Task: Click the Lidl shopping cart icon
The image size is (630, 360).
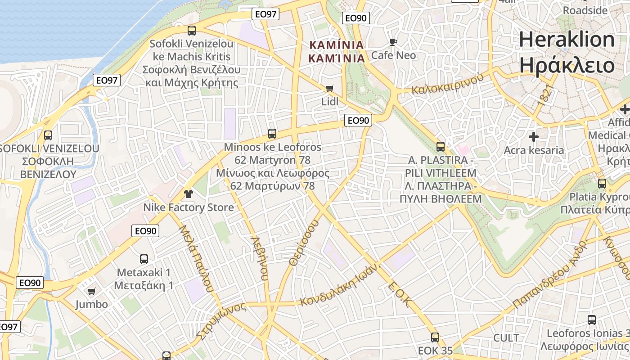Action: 330,88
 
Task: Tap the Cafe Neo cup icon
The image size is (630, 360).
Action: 393,42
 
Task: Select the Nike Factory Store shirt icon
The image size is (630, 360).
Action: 188,194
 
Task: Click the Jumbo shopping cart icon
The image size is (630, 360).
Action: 92,291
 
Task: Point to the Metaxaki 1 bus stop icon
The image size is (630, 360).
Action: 144,259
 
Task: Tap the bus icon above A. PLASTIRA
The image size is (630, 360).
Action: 441,147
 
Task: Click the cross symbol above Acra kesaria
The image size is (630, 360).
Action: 534,136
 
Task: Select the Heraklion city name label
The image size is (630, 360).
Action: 567,40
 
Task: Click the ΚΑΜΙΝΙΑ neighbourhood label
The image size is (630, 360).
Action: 336,45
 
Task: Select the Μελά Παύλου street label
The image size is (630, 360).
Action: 196,258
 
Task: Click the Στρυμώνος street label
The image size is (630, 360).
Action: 221,320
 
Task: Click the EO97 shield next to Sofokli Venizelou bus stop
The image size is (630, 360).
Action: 107,81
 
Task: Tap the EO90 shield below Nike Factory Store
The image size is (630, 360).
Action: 146,231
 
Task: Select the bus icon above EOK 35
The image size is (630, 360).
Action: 435,337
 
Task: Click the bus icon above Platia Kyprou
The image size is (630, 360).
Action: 602,184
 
